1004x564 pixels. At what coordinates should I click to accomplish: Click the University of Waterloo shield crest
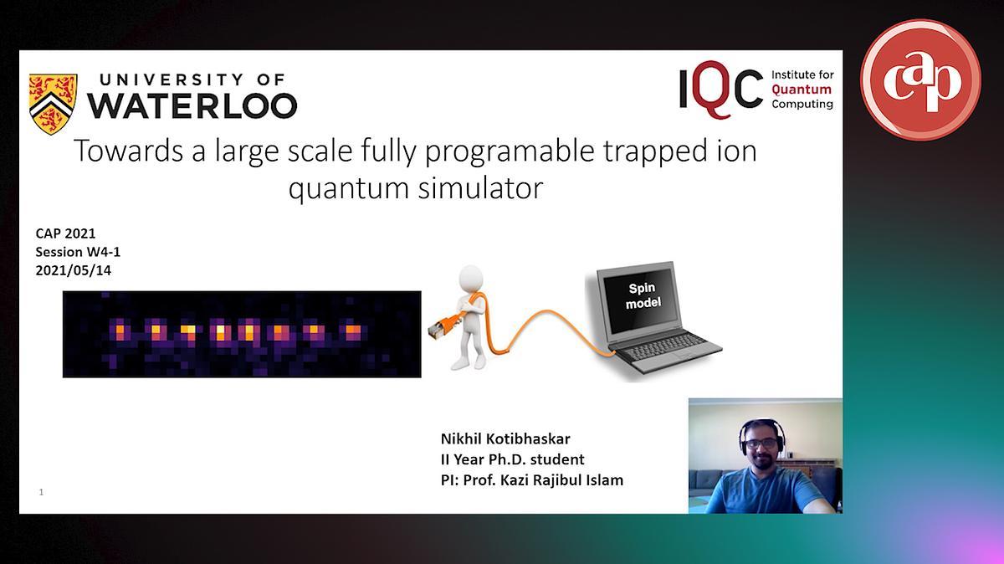point(53,104)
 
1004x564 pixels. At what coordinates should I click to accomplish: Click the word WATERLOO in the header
point(192,105)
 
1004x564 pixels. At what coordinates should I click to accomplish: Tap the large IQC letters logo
point(720,90)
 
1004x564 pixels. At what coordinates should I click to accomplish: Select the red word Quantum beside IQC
point(802,90)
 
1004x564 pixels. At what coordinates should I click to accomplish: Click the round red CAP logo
point(920,79)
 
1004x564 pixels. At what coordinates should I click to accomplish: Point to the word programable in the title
point(510,152)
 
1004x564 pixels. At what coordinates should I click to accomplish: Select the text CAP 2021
point(65,233)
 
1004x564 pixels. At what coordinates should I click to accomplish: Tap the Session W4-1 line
point(78,252)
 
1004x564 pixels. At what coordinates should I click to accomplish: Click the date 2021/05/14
point(74,271)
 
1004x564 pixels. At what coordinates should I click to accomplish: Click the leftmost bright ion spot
point(120,331)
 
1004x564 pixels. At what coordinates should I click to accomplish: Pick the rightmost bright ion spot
point(353,331)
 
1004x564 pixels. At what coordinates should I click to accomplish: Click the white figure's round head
point(470,279)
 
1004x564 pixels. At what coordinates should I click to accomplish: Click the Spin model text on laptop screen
point(643,295)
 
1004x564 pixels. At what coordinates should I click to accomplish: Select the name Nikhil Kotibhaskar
point(505,439)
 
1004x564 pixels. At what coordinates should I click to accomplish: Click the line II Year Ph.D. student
point(513,459)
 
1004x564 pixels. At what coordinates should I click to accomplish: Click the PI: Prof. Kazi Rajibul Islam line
point(532,480)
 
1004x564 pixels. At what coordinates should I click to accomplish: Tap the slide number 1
point(41,492)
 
